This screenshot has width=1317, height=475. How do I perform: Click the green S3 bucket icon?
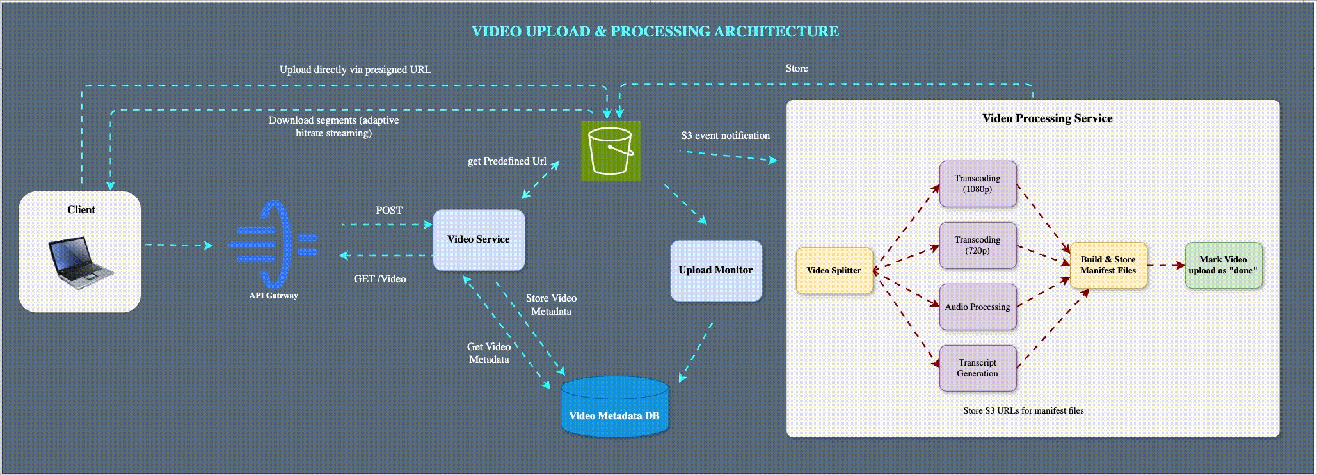(611, 151)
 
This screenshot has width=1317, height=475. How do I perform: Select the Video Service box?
(479, 239)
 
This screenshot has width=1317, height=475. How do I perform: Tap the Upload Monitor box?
(715, 270)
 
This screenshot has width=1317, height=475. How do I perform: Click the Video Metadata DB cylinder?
(614, 408)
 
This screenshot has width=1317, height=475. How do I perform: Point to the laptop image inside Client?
(80, 261)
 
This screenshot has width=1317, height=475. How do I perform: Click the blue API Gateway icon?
(274, 245)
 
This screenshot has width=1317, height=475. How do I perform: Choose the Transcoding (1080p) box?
(977, 184)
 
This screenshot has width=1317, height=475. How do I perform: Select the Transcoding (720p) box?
(977, 245)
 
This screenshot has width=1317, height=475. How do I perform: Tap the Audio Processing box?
(977, 307)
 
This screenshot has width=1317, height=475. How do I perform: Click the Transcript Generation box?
(977, 368)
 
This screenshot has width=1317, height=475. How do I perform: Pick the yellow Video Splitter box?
(834, 270)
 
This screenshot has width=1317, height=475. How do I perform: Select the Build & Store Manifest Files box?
(1108, 265)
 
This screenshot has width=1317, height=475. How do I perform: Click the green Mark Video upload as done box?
(1223, 265)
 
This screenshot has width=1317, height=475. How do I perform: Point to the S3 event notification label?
(725, 136)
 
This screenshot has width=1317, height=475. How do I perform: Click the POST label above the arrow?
(389, 211)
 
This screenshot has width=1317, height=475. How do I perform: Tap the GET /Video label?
(379, 279)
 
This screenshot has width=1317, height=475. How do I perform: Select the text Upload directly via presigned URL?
(355, 70)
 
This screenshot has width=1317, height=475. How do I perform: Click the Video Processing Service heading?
(1047, 118)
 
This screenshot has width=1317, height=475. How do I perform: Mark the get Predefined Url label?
(507, 161)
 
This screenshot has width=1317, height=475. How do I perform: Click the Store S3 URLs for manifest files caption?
(1023, 411)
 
